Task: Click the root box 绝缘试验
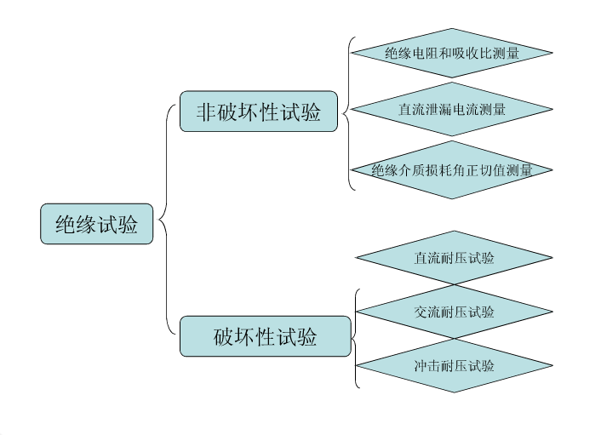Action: click(x=96, y=224)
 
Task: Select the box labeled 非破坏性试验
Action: click(x=259, y=112)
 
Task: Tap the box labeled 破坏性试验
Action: click(x=266, y=336)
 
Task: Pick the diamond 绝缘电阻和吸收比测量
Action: click(x=451, y=53)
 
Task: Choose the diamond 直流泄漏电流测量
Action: click(x=451, y=109)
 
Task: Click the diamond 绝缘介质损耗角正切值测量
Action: click(x=451, y=169)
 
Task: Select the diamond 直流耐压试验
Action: click(x=455, y=258)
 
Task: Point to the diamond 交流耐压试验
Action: click(x=455, y=312)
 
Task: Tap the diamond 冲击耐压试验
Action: click(x=455, y=366)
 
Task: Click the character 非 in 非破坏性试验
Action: click(x=206, y=112)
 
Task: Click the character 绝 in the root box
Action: click(x=66, y=224)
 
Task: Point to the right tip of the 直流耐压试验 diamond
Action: click(x=552, y=258)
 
